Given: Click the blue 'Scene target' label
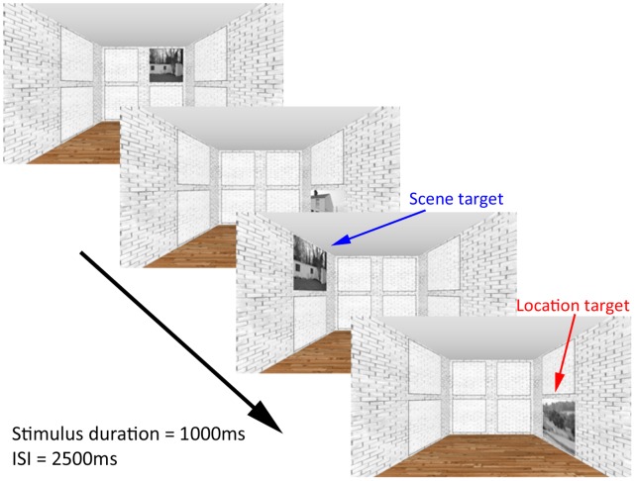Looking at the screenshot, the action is (x=455, y=200).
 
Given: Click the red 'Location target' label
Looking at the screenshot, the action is (x=572, y=307).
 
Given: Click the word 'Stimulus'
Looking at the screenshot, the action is (x=46, y=434).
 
